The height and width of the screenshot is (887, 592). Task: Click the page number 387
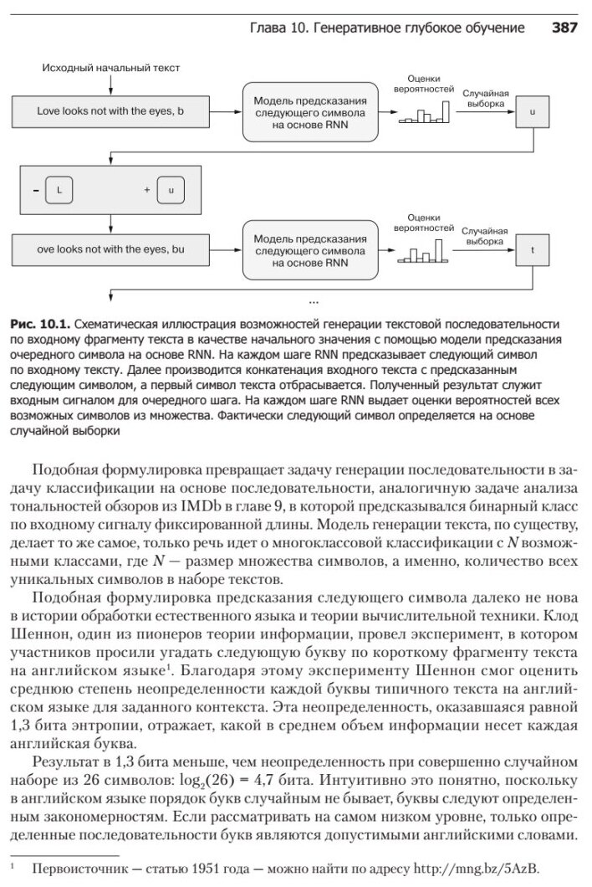tap(564, 28)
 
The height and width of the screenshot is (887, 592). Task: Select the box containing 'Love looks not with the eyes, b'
tap(110, 110)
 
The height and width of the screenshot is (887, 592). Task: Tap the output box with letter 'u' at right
tap(533, 110)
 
